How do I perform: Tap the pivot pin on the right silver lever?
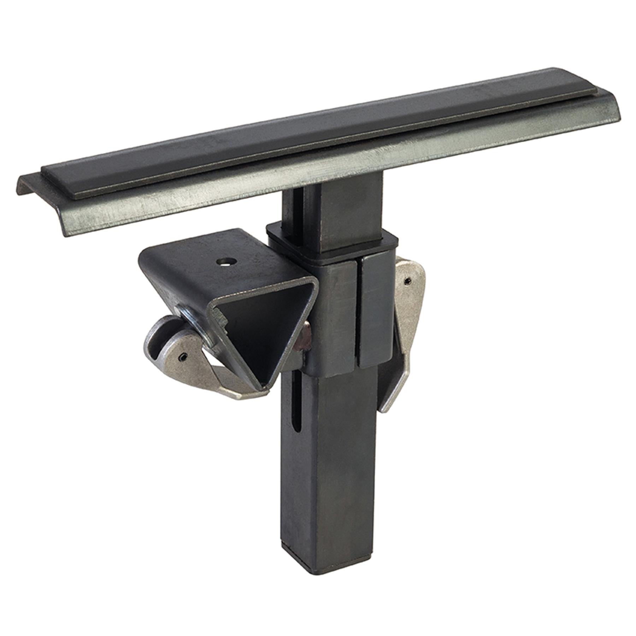408,281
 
